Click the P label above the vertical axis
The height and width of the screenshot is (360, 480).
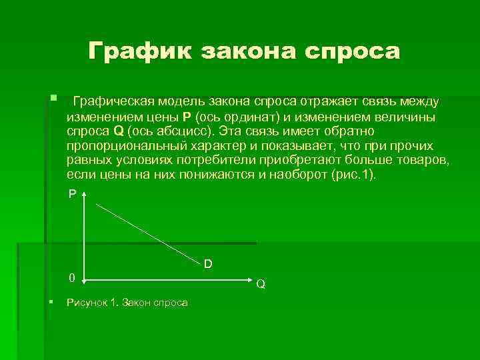tap(72, 193)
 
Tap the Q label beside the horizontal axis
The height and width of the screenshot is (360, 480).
tap(261, 284)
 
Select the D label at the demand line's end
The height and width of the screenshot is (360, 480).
tap(208, 265)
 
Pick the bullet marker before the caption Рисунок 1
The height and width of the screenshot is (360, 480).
tap(51, 301)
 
